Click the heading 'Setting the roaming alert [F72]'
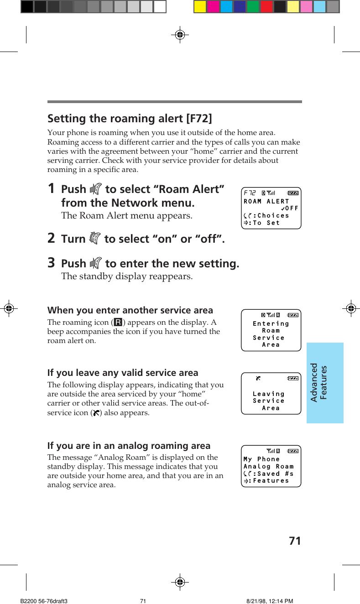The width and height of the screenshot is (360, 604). pyautogui.click(x=130, y=119)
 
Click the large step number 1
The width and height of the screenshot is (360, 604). pyautogui.click(x=52, y=188)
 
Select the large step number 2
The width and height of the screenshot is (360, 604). pyautogui.click(x=52, y=238)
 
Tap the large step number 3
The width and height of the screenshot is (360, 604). pyautogui.click(x=52, y=263)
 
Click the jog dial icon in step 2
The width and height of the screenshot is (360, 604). pyautogui.click(x=95, y=238)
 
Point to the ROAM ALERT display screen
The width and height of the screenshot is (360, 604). pyautogui.click(x=271, y=208)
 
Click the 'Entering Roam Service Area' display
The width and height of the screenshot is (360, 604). pyautogui.click(x=271, y=330)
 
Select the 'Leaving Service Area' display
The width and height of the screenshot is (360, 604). pyautogui.click(x=271, y=393)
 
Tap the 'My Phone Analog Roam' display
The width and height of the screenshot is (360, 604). pyautogui.click(x=271, y=466)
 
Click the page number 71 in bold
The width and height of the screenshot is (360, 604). pyautogui.click(x=295, y=541)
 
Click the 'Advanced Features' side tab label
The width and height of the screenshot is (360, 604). pyautogui.click(x=319, y=382)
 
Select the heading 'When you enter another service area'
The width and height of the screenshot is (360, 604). pyautogui.click(x=130, y=310)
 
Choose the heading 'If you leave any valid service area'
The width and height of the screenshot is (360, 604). pyautogui.click(x=123, y=373)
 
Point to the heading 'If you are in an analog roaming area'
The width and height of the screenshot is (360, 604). pyautogui.click(x=129, y=446)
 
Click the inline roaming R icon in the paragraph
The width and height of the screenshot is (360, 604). pyautogui.click(x=118, y=323)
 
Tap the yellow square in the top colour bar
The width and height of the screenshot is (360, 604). pyautogui.click(x=200, y=6)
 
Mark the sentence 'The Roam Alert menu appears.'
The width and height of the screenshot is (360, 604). pyautogui.click(x=126, y=215)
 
